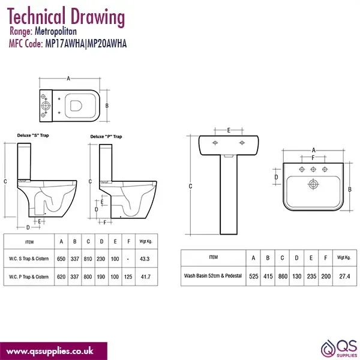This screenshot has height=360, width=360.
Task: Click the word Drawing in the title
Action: (98, 17)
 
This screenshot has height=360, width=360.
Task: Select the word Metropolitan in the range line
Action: (56, 31)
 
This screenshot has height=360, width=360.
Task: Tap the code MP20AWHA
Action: (107, 43)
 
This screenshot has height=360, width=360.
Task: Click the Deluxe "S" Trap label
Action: (33, 136)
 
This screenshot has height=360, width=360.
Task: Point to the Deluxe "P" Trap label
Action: (106, 137)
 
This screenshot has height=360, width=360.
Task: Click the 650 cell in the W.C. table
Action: (61, 259)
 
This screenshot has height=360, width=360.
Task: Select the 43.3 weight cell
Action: (145, 259)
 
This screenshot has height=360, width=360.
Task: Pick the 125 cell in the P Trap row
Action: (128, 277)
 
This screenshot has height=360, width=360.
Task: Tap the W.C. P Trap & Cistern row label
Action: (29, 277)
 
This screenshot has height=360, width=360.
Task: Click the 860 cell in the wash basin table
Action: (283, 276)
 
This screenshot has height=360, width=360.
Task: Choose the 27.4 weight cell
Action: (344, 276)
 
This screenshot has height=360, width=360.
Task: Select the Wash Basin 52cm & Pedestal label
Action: (213, 276)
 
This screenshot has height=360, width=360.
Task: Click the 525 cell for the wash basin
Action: (254, 276)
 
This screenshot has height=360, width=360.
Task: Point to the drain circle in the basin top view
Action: (313, 184)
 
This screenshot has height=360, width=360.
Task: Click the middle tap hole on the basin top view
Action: (313, 169)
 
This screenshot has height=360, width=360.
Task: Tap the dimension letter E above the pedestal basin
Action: (229, 130)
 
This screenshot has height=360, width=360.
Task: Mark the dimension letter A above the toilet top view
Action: (68, 79)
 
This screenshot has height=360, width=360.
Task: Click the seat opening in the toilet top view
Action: (76, 106)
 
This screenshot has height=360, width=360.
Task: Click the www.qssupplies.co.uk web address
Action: (50, 351)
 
